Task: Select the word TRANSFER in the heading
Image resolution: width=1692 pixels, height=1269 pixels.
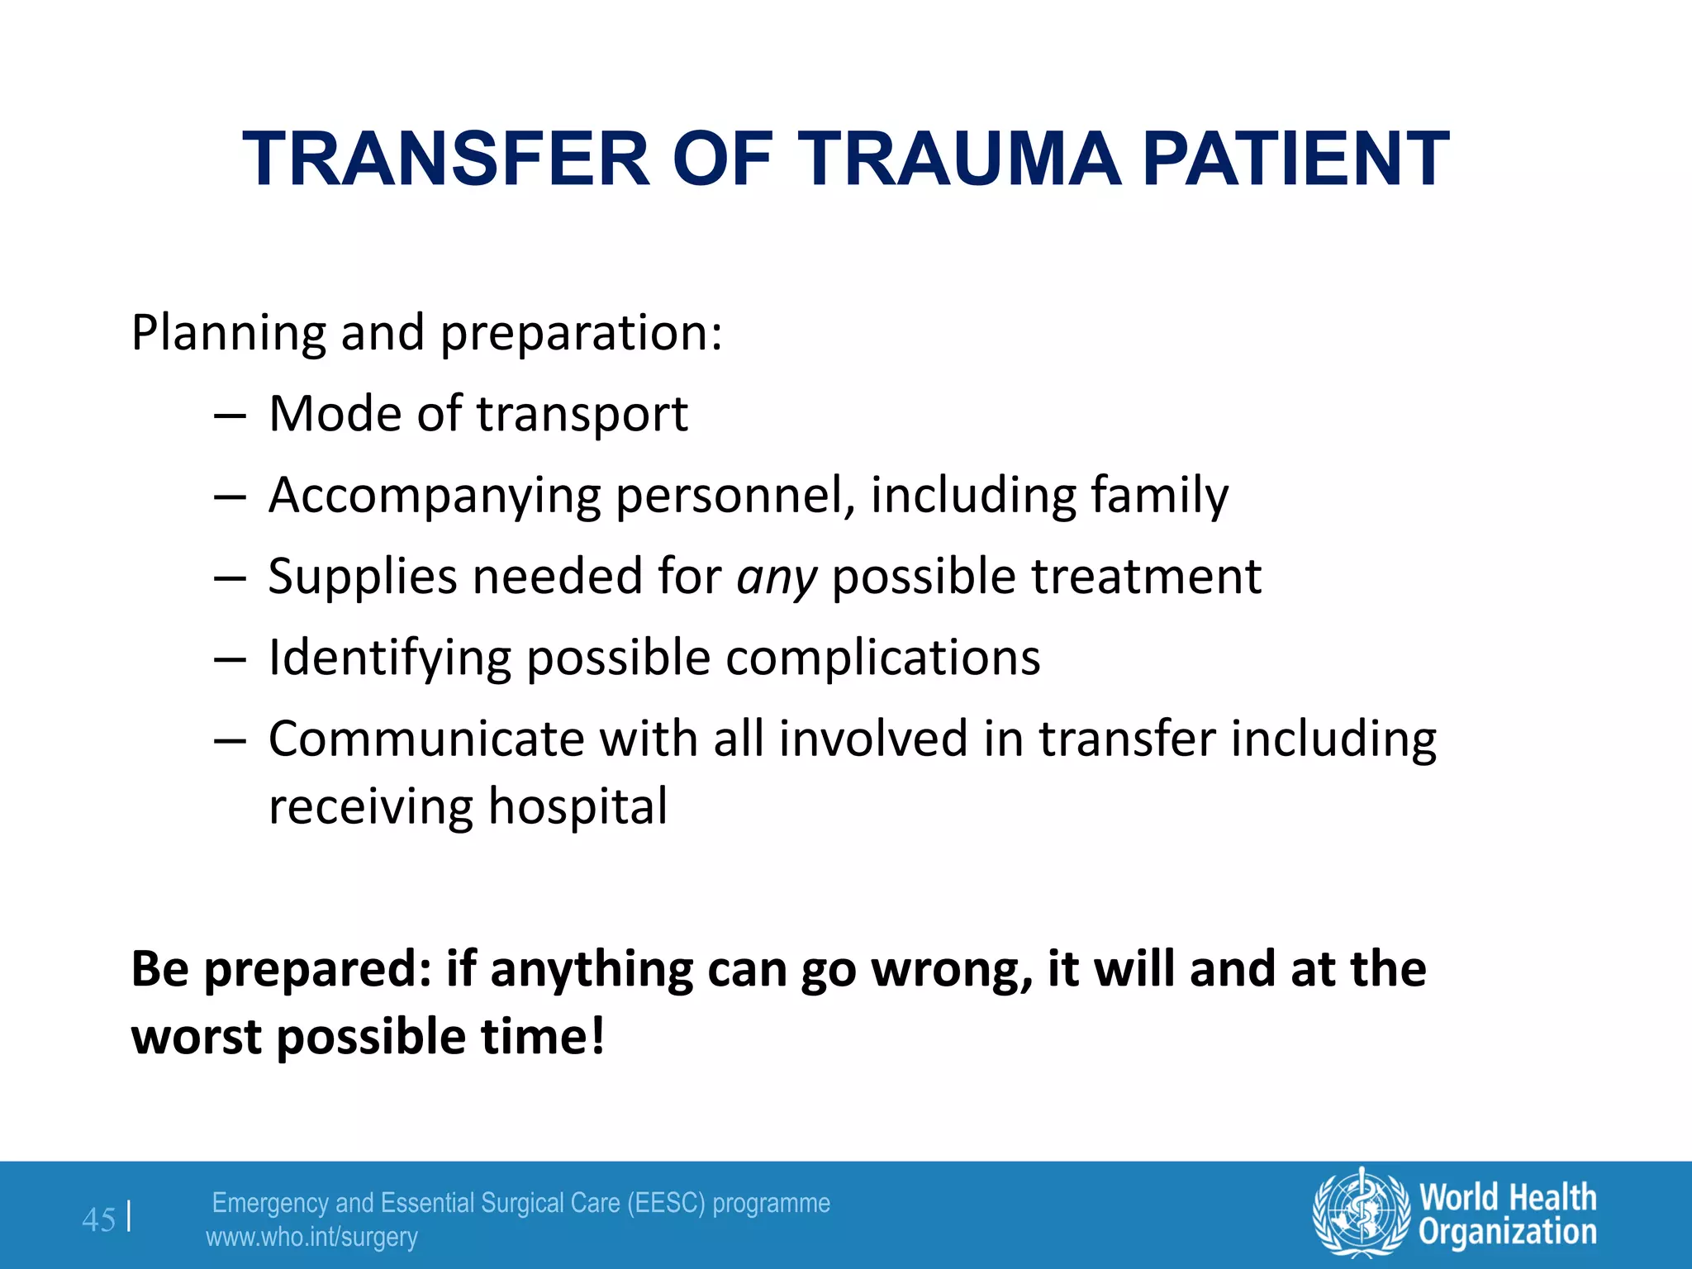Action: pyautogui.click(x=446, y=159)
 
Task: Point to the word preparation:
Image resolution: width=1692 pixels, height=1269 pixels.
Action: pyautogui.click(x=581, y=334)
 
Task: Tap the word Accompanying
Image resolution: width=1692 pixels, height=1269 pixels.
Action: pyautogui.click(x=435, y=496)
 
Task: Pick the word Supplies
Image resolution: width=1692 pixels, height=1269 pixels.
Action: pyautogui.click(x=363, y=577)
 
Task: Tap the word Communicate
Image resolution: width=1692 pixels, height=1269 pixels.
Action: pyautogui.click(x=426, y=738)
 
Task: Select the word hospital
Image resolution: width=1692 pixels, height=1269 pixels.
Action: pyautogui.click(x=577, y=806)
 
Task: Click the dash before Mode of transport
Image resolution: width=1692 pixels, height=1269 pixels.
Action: pyautogui.click(x=229, y=415)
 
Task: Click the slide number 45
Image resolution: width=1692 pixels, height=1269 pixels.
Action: pyautogui.click(x=99, y=1219)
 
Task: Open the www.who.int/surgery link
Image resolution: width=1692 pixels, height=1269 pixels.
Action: pyautogui.click(x=311, y=1238)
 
